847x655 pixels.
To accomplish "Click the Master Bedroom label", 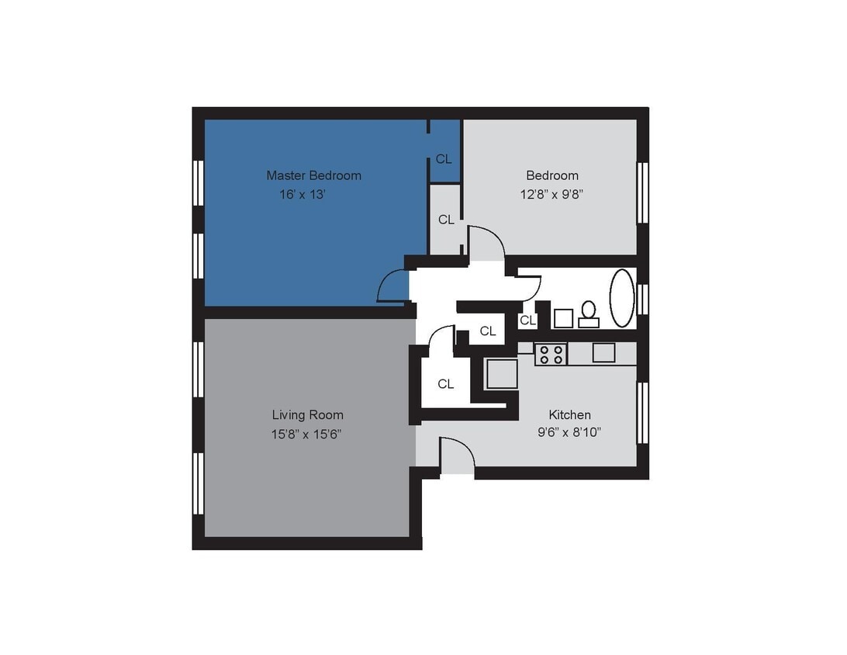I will (x=313, y=175).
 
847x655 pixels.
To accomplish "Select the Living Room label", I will (x=307, y=415).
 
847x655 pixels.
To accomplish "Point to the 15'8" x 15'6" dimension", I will (x=306, y=434).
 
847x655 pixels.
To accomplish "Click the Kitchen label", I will (x=569, y=415).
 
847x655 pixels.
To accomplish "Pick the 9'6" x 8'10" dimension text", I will (x=569, y=433).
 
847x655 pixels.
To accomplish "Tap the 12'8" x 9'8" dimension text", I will (x=551, y=194).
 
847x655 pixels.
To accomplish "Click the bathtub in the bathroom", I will (x=622, y=298).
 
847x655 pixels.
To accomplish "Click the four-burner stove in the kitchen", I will (x=551, y=354).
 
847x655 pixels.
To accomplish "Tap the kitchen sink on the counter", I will (x=603, y=352).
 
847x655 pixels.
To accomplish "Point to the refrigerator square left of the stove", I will (x=502, y=374).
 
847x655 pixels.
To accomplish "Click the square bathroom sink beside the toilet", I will (x=563, y=318).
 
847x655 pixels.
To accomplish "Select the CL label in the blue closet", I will (x=444, y=159).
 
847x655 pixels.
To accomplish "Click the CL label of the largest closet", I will (x=445, y=383).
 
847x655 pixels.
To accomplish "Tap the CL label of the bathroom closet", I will (x=527, y=320).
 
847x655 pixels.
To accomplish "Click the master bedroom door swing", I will (x=392, y=286).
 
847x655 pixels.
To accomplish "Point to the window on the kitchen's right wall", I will (x=642, y=412).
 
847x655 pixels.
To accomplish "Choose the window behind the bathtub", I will (x=642, y=299).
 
